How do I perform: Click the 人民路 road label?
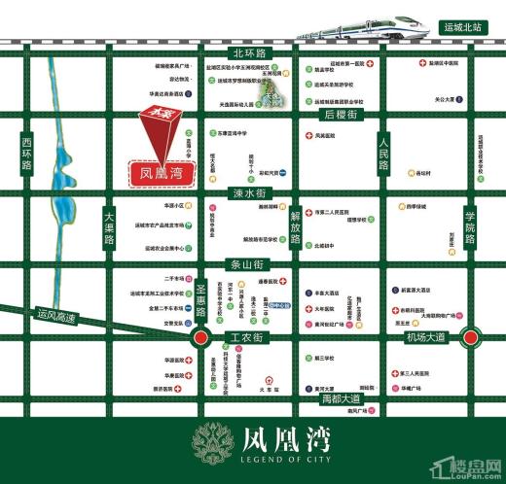[x=383, y=156]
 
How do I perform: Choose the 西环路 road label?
[x=26, y=153]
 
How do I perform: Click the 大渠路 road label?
[x=109, y=225]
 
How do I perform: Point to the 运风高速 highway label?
[x=56, y=315]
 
